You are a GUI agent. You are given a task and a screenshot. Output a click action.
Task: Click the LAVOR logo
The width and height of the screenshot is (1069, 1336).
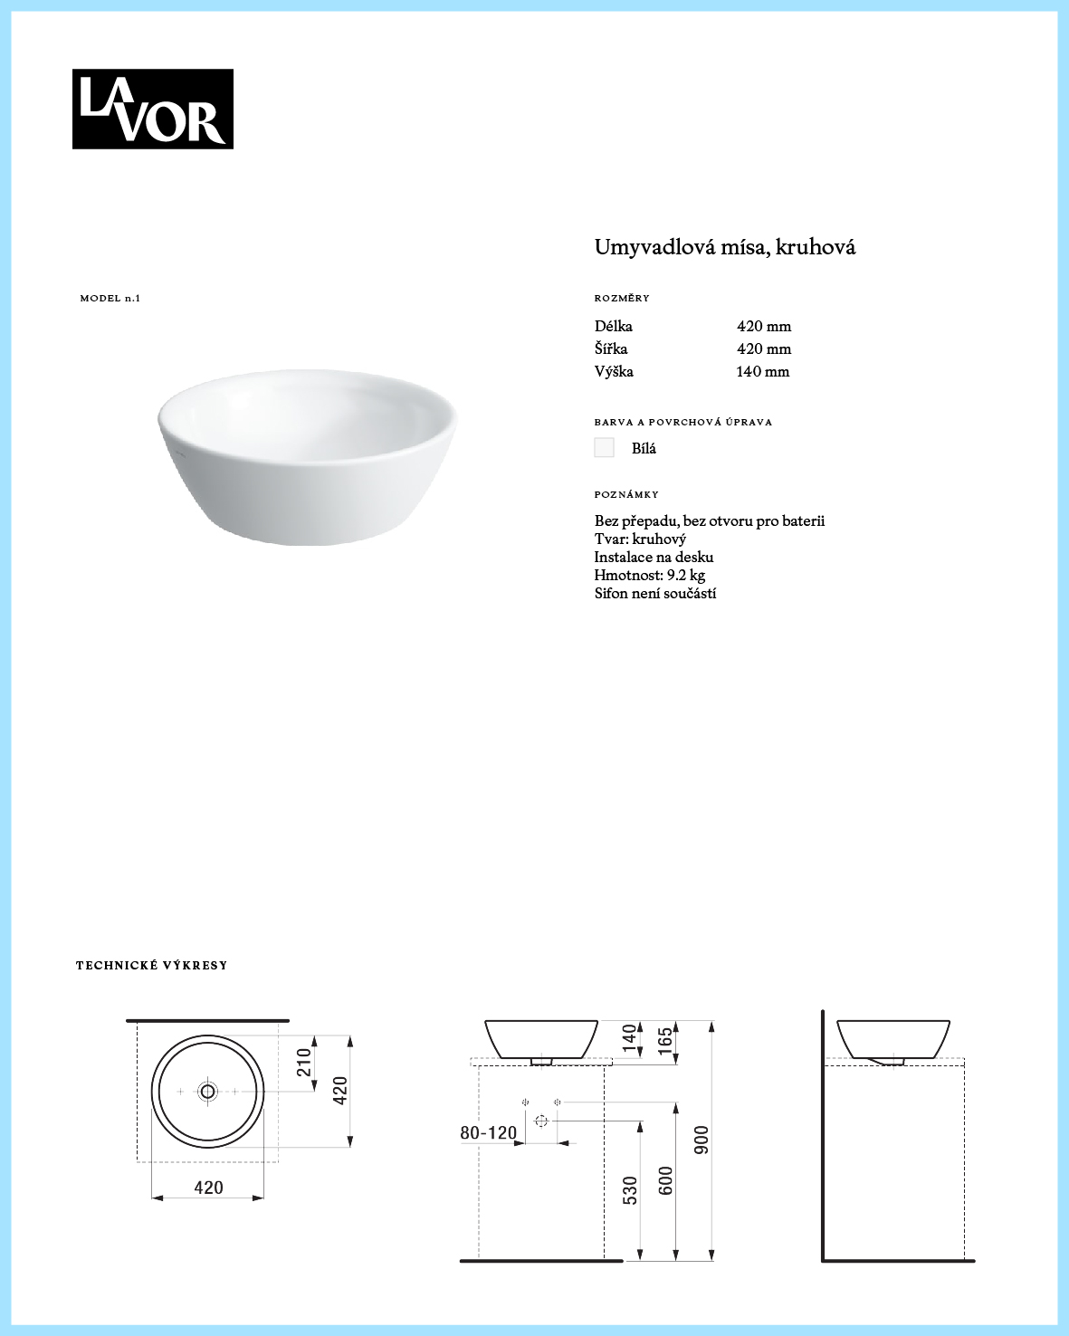coord(152,109)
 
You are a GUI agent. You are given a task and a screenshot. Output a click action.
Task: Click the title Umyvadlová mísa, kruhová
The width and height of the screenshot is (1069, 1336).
coord(724,247)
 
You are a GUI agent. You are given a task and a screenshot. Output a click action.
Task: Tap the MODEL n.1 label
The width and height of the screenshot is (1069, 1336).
coord(110,299)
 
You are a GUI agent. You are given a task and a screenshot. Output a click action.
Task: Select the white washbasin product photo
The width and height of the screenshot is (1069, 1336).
coord(306,456)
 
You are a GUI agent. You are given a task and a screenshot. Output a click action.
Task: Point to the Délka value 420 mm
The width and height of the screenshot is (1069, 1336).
coord(763,327)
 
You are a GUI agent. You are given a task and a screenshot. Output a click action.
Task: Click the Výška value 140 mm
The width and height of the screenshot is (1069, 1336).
coord(762,372)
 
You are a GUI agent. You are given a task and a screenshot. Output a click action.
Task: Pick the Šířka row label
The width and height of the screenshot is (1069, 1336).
coord(611,349)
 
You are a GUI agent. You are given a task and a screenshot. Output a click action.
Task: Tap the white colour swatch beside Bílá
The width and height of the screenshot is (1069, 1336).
coord(604,448)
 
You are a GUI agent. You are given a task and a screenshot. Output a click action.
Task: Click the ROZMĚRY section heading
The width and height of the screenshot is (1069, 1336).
coord(622,299)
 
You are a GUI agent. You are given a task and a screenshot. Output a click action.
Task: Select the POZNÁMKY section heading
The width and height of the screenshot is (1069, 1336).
coord(626,495)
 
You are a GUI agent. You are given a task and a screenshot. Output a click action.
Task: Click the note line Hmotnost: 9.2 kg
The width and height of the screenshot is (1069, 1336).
coord(649,576)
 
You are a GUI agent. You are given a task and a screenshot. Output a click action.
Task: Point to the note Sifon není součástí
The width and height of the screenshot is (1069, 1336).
coord(654,594)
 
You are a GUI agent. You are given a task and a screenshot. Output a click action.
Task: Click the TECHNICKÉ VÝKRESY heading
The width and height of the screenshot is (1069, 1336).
coord(151,966)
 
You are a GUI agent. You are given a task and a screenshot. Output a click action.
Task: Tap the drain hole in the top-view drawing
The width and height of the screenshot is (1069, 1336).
coord(208,1092)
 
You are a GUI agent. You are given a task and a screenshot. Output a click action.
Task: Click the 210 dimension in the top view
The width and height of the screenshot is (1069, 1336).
coord(304,1063)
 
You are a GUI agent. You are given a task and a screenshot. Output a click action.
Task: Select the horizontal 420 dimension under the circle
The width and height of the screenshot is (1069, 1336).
coord(208,1188)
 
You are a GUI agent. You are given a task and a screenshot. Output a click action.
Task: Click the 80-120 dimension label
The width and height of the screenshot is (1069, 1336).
coord(488,1133)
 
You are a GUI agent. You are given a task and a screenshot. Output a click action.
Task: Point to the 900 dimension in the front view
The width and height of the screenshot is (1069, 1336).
coord(702,1140)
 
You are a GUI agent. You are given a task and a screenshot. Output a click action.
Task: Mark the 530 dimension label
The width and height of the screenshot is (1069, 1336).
coord(630,1189)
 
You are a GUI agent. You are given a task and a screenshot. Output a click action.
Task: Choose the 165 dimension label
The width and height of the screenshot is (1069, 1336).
coord(665,1041)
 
